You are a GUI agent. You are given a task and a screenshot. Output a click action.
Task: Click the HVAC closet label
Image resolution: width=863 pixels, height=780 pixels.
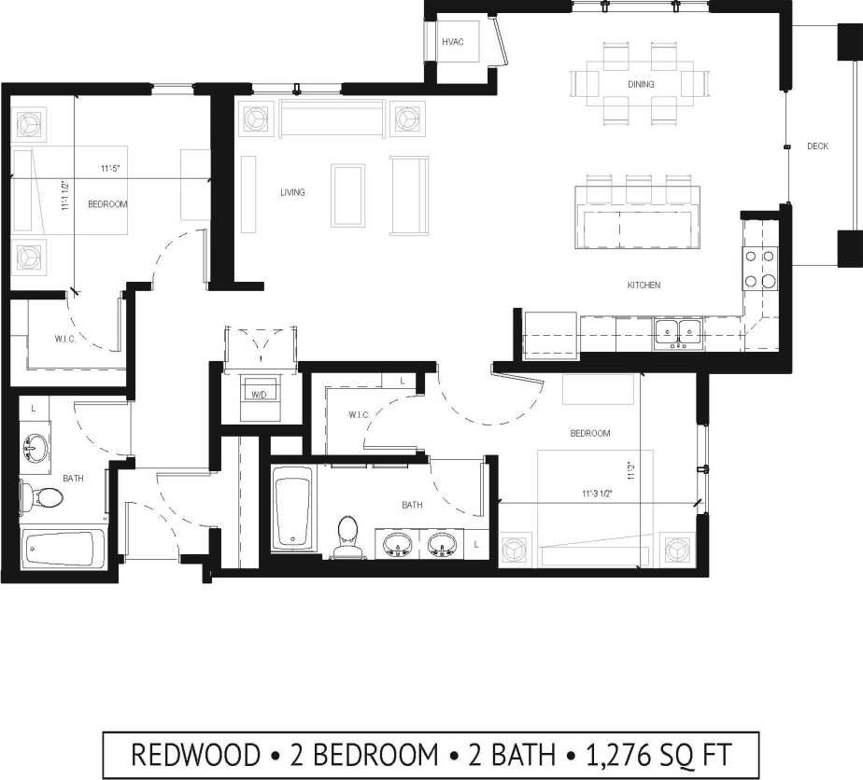click(x=452, y=42)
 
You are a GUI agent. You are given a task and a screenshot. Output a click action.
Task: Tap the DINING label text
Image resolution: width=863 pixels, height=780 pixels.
click(x=641, y=85)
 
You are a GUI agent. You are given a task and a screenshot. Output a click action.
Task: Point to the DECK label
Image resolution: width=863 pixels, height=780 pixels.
click(x=817, y=146)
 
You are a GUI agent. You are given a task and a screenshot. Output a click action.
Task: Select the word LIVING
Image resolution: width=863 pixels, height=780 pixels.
click(x=292, y=193)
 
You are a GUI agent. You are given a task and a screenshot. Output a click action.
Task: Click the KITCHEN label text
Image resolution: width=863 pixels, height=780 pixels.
click(x=644, y=285)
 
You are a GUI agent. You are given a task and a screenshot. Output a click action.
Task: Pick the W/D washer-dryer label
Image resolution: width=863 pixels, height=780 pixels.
click(x=254, y=394)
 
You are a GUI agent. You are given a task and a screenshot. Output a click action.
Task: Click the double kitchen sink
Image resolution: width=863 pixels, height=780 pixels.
click(x=679, y=331)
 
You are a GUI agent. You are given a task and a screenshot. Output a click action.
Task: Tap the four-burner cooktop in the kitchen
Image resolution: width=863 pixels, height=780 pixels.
click(x=760, y=268)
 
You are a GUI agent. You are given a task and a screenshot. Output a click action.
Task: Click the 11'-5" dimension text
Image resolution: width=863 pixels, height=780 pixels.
click(x=113, y=169)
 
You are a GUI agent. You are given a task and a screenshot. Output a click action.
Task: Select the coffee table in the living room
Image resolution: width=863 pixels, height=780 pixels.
click(x=348, y=194)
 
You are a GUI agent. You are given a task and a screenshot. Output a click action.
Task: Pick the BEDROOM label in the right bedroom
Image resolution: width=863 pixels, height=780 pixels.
click(x=590, y=433)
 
